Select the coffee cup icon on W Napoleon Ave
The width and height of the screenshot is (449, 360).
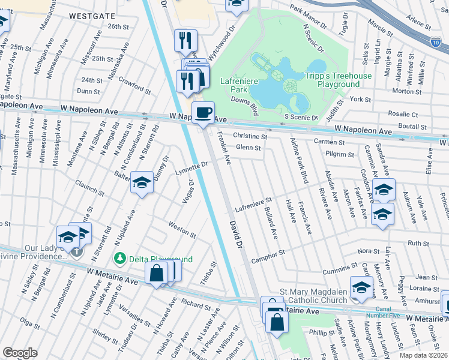point(203,112)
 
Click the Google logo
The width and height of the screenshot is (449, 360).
point(20,353)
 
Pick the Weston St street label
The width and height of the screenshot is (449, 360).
point(182,230)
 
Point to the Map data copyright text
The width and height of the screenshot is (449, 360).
point(422,355)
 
